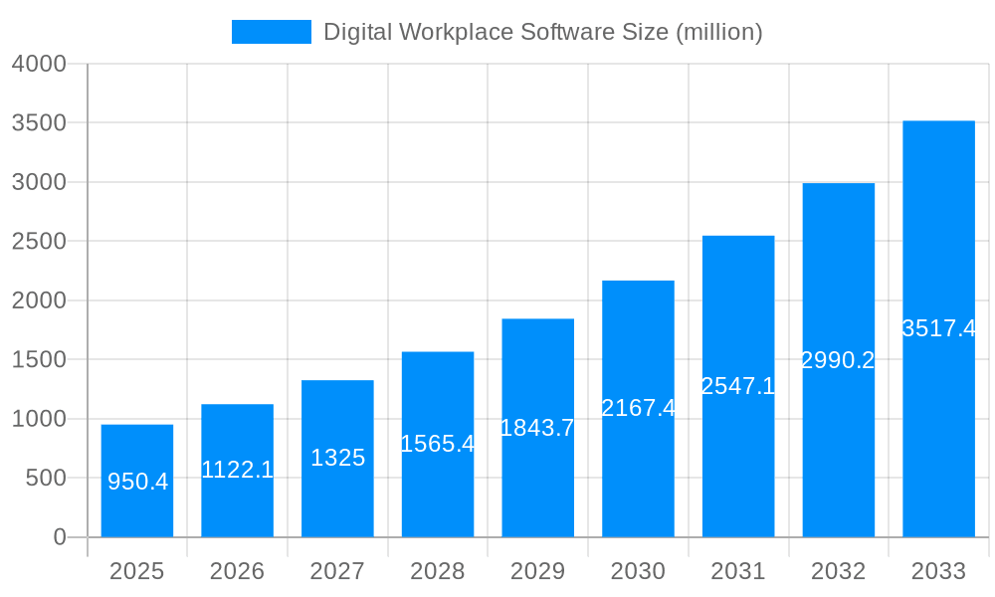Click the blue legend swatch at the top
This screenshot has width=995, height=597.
click(271, 32)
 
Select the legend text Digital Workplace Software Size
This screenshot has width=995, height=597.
click(542, 32)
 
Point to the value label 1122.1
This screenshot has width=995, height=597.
click(237, 470)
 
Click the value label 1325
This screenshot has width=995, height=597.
click(337, 458)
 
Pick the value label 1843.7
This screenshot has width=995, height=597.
click(537, 428)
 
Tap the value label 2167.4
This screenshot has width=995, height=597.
click(638, 408)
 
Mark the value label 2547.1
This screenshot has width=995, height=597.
click(738, 386)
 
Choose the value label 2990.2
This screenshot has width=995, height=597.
click(838, 360)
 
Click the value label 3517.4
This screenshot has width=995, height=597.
click(938, 328)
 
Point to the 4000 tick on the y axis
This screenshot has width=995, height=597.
click(39, 64)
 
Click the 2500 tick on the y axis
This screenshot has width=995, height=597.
click(39, 241)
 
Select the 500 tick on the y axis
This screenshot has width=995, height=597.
click(45, 478)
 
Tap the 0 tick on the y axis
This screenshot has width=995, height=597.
click(59, 537)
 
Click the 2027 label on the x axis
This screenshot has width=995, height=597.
click(337, 571)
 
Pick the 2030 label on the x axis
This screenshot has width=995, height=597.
click(638, 571)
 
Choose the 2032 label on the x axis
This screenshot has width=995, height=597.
click(838, 571)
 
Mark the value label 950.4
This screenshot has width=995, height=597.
click(137, 482)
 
